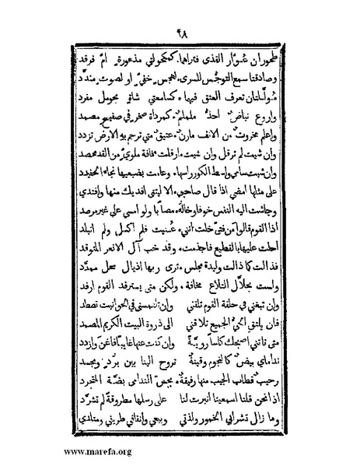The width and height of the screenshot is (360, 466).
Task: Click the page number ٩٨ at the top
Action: tap(180, 37)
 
